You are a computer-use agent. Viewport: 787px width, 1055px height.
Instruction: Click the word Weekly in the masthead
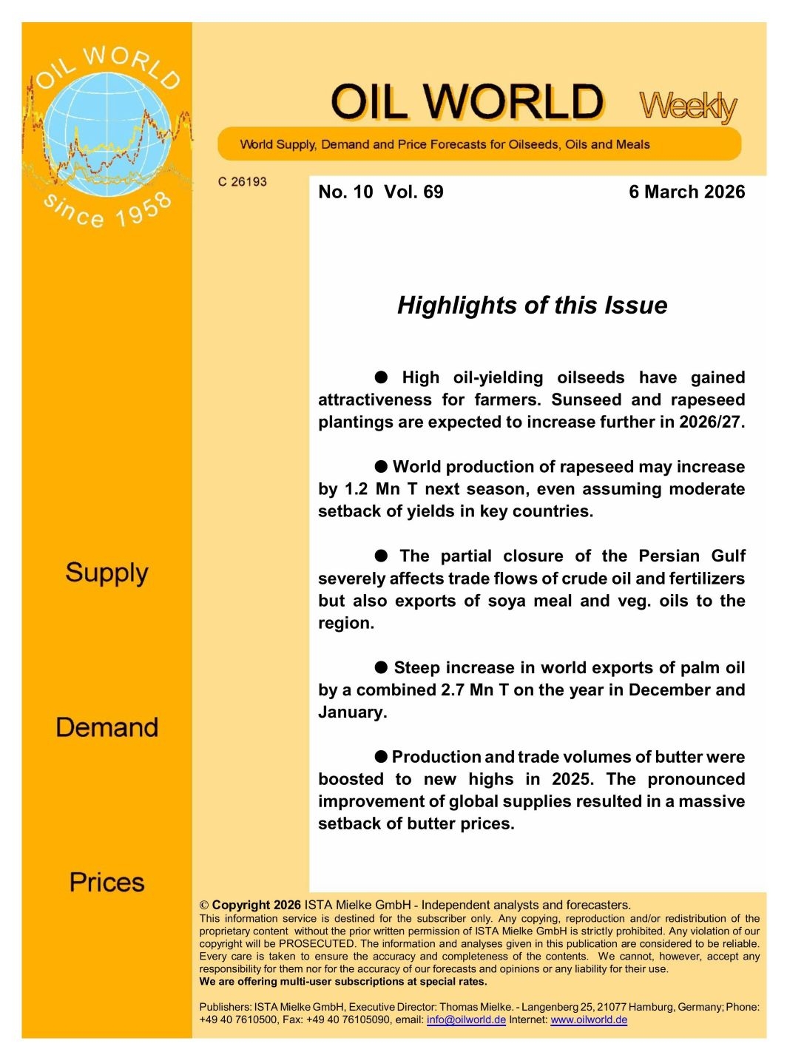click(x=687, y=107)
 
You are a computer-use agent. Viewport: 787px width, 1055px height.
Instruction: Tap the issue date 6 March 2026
click(x=686, y=192)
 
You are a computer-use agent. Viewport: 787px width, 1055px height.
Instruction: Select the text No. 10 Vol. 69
click(x=380, y=192)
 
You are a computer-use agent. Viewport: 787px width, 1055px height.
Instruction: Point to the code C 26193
click(x=242, y=181)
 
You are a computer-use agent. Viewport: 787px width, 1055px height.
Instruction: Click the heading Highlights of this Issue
click(x=532, y=305)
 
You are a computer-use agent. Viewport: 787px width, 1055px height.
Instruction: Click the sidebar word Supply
click(x=107, y=573)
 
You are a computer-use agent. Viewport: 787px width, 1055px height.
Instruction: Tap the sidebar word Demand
click(x=107, y=727)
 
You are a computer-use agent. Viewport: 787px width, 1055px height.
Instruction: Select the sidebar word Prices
click(x=107, y=882)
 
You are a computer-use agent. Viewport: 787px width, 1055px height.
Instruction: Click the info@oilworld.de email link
click(x=466, y=1019)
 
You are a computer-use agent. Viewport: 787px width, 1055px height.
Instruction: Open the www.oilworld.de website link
click(x=589, y=1019)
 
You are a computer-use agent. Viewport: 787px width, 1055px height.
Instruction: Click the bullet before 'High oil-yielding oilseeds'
click(x=381, y=377)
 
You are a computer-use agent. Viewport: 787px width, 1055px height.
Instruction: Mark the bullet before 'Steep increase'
click(x=381, y=667)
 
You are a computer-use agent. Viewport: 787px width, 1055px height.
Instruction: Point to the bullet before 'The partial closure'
click(x=381, y=556)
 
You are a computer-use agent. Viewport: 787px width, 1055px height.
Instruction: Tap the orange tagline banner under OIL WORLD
click(x=479, y=144)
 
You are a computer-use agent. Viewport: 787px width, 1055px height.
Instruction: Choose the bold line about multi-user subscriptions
click(x=343, y=982)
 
